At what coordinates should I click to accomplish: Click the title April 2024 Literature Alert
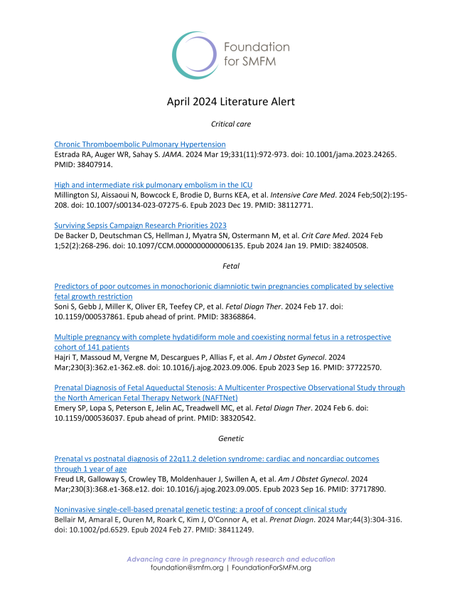[231, 102]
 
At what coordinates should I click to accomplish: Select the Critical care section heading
[231, 124]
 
